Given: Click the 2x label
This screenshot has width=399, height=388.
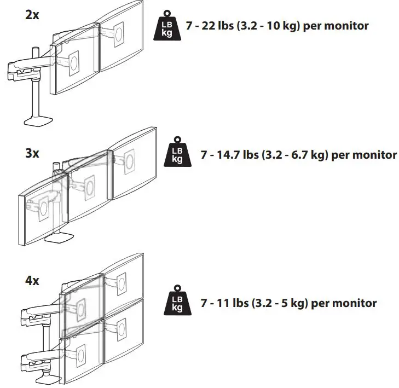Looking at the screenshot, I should click(x=32, y=15).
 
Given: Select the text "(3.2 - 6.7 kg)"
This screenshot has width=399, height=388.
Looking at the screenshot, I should click(x=294, y=155).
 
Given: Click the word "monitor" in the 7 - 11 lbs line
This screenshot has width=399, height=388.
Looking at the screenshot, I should click(x=354, y=303).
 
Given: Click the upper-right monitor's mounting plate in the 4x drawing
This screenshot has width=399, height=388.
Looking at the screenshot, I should click(x=122, y=283).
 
